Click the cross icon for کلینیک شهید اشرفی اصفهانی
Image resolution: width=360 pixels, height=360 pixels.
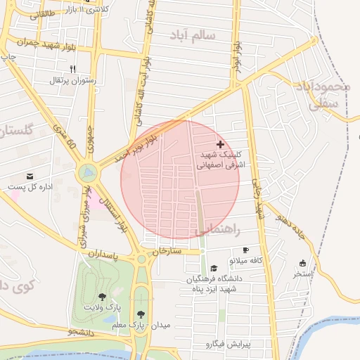221,143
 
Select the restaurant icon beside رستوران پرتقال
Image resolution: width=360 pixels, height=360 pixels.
72,69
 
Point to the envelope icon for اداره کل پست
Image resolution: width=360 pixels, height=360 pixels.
30,176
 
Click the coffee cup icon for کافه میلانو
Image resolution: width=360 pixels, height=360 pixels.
245,250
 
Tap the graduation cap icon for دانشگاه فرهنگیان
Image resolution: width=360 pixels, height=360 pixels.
214,268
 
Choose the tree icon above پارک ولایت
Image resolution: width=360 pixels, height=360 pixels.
103,297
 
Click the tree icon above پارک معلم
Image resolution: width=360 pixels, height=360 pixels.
142,314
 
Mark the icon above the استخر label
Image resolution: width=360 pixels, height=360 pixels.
302,263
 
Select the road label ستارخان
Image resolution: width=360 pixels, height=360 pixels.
167,250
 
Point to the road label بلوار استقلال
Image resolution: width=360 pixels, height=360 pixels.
112,211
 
